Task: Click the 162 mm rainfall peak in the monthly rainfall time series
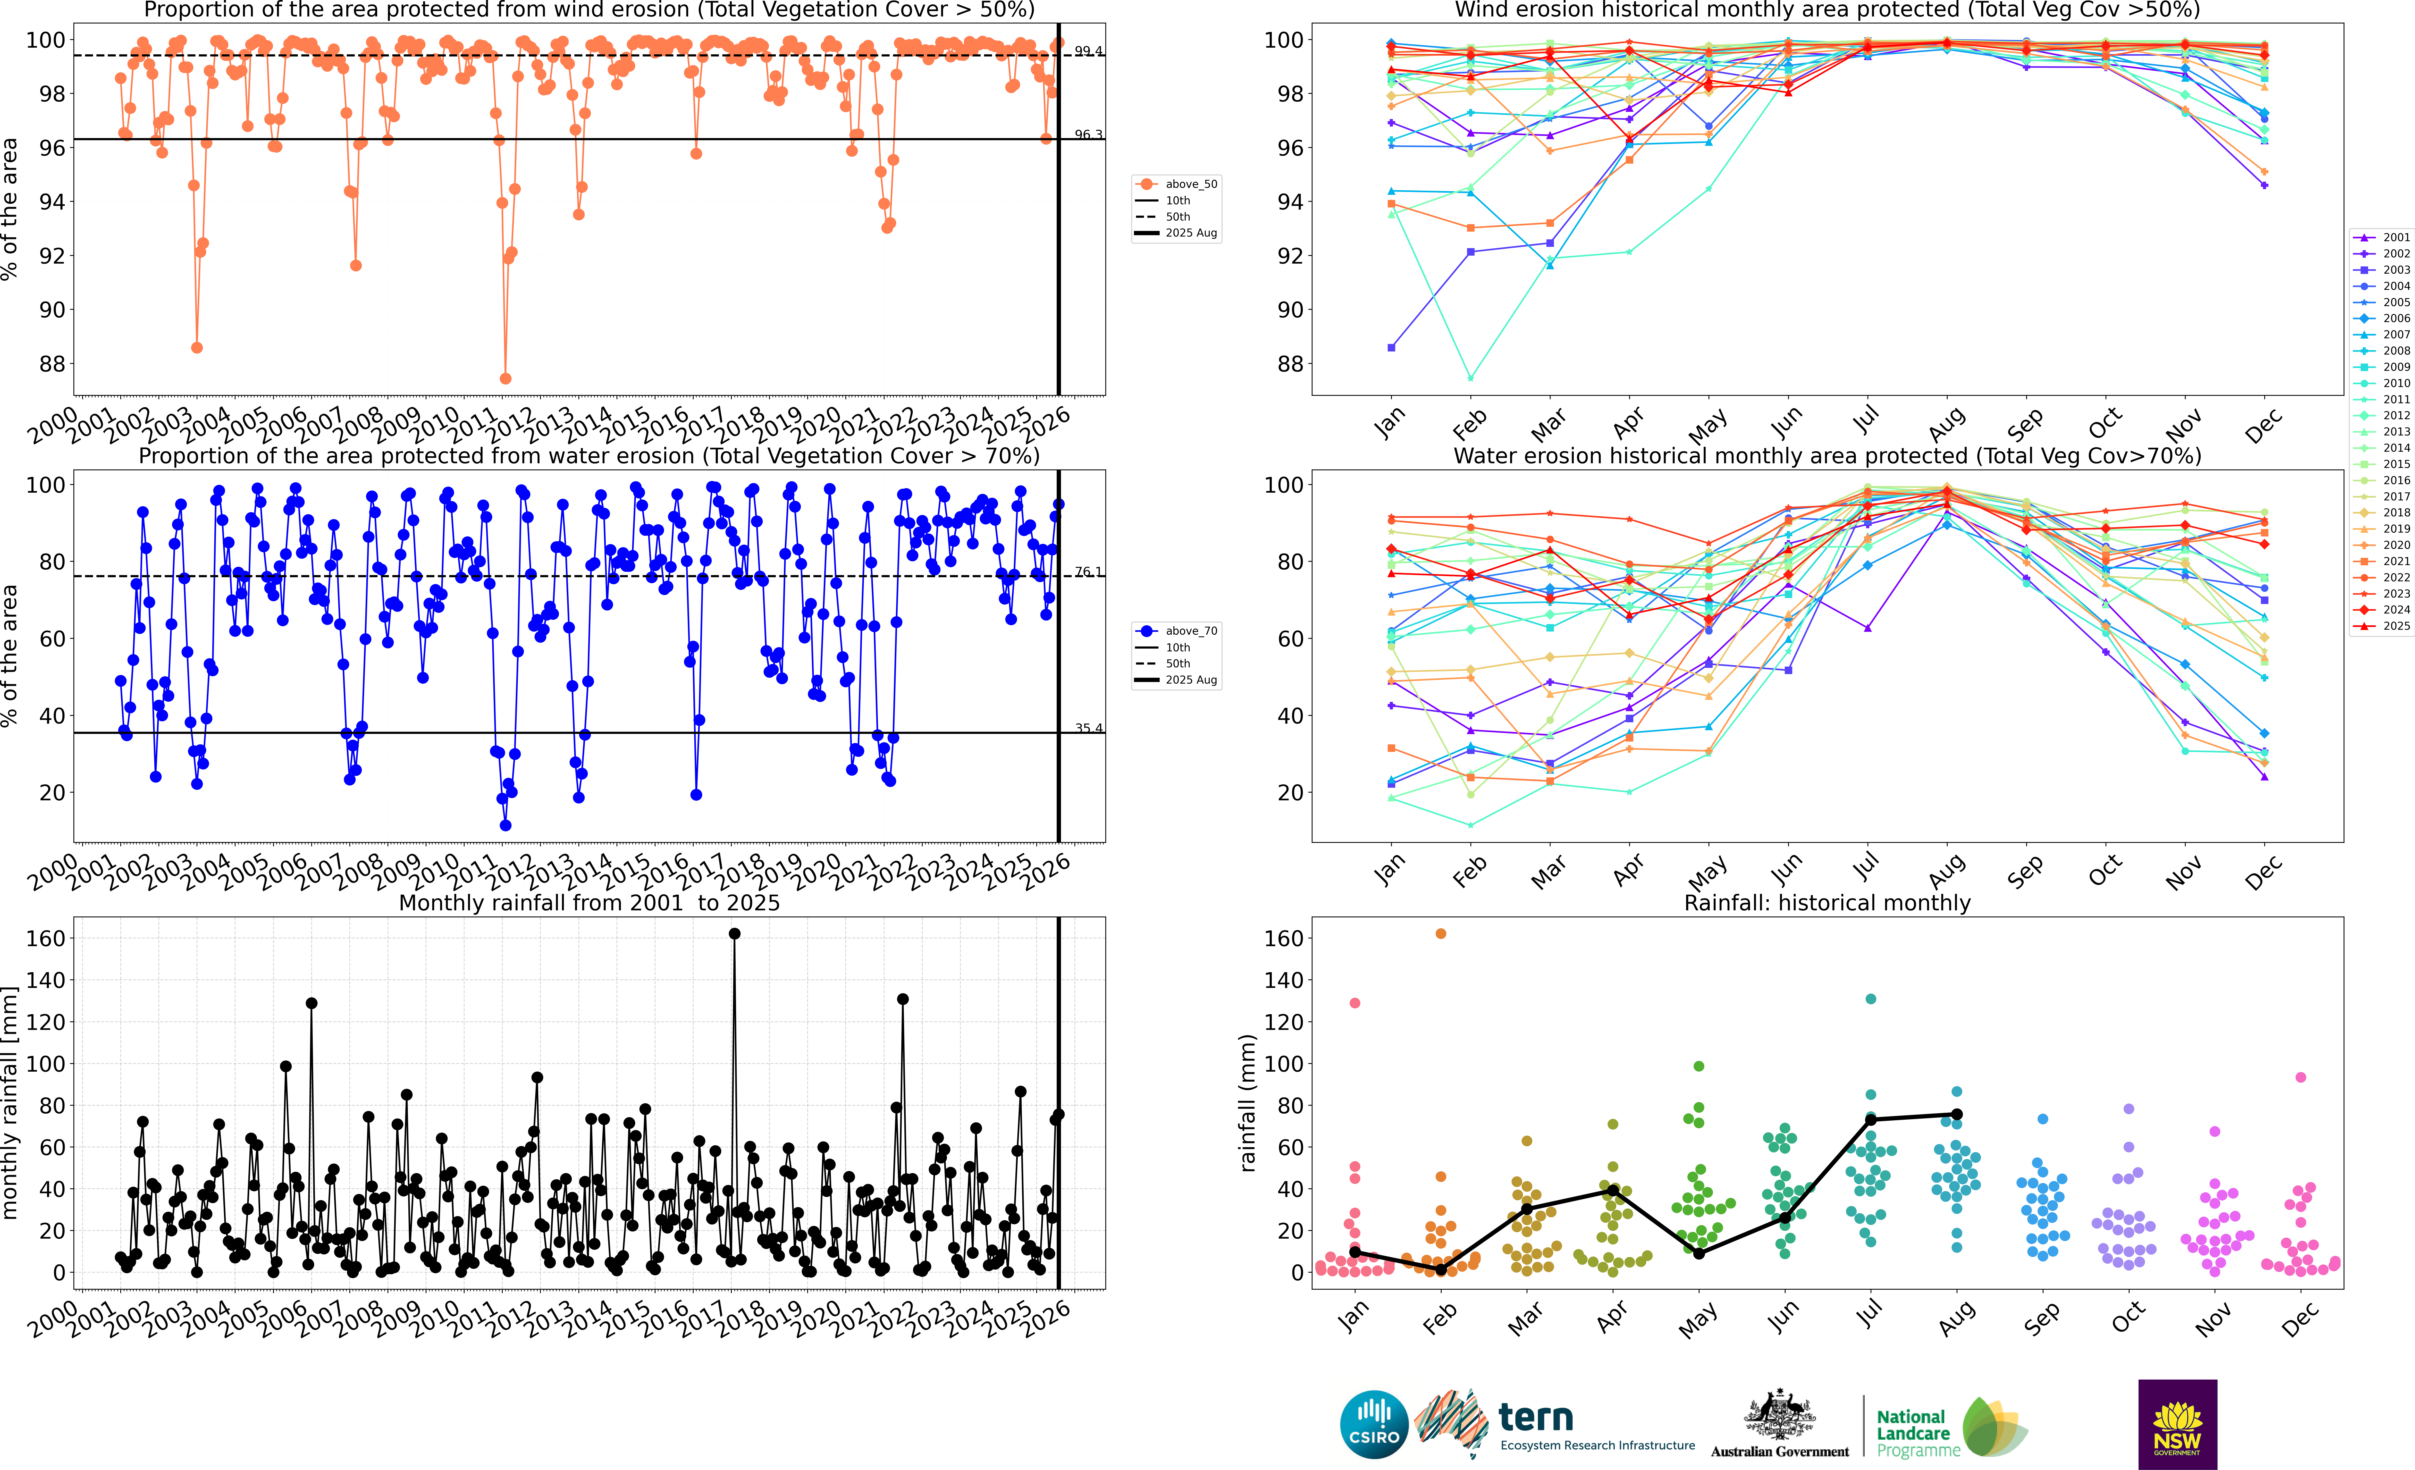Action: pyautogui.click(x=734, y=934)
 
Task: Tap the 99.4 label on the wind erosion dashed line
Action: pyautogui.click(x=1088, y=51)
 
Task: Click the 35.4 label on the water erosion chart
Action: pyautogui.click(x=1088, y=728)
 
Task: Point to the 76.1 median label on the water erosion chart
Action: pyautogui.click(x=1088, y=571)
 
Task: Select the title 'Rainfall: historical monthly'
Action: pyautogui.click(x=1827, y=903)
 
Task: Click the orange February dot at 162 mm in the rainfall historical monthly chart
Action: pyautogui.click(x=1441, y=934)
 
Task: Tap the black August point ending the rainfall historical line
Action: pyautogui.click(x=1956, y=1114)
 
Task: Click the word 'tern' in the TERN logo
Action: pyautogui.click(x=1536, y=1417)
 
